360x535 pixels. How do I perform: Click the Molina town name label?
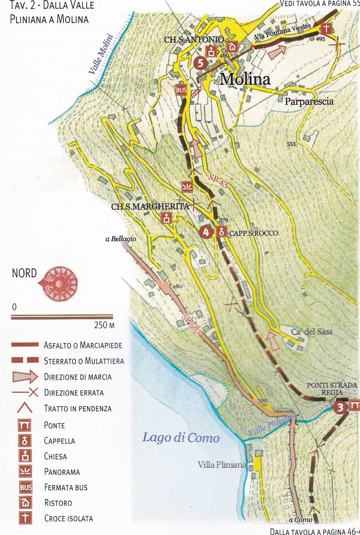(245, 79)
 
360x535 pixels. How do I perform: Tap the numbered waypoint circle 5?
(200, 63)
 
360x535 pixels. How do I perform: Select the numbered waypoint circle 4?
(206, 232)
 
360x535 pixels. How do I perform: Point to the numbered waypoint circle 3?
(340, 407)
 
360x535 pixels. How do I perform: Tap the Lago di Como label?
(181, 438)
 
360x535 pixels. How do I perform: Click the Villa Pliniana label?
(222, 465)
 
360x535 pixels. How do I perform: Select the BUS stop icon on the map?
(181, 90)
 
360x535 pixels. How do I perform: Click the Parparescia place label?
(309, 102)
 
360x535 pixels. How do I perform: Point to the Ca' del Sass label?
(312, 332)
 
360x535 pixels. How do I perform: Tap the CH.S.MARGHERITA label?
(150, 207)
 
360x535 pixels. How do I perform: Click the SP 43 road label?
(218, 181)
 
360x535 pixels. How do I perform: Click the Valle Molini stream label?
(101, 54)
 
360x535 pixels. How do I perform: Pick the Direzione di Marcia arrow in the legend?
(25, 377)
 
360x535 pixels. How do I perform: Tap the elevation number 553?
(291, 144)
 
